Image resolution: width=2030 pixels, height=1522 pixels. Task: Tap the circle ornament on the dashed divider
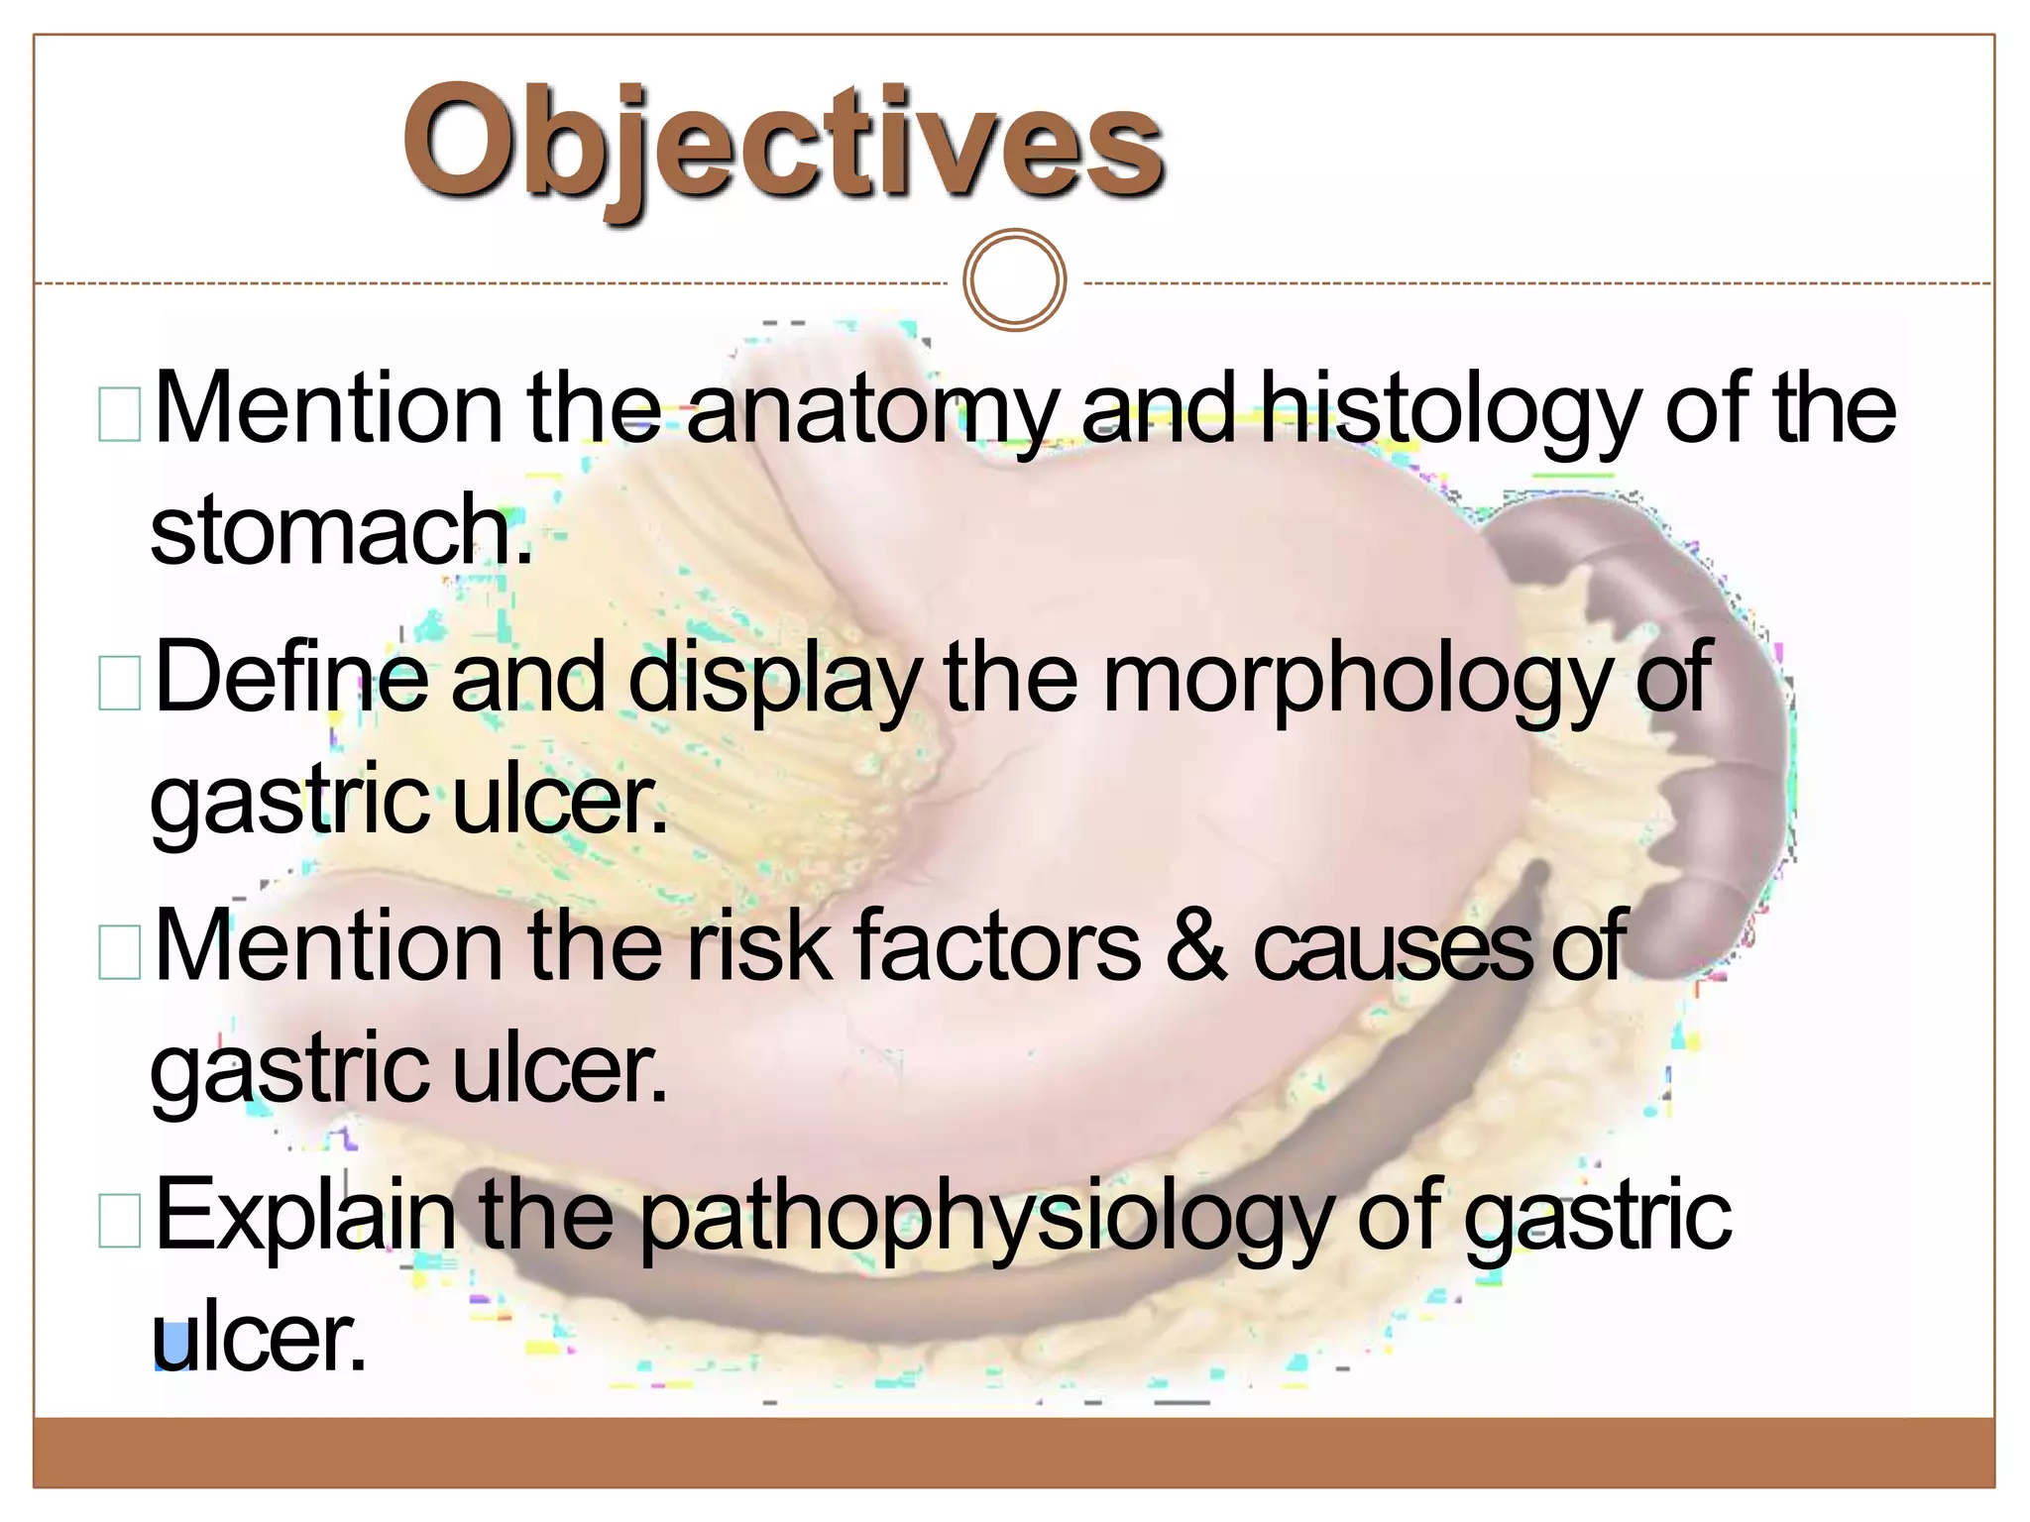point(1014,279)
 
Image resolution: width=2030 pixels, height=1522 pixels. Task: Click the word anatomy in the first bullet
point(872,409)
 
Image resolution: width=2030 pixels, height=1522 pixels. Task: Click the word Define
point(291,677)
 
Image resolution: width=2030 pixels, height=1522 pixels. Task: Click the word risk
point(759,946)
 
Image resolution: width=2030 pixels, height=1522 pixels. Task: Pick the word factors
point(996,946)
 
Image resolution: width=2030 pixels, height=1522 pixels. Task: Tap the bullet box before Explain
point(120,1220)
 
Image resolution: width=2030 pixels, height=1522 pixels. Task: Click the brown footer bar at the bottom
point(1014,1453)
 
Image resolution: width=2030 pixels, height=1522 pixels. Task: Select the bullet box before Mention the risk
point(120,952)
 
